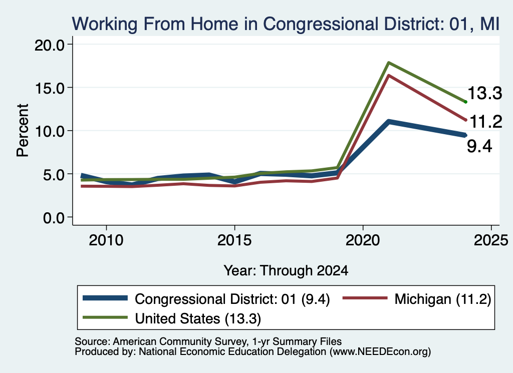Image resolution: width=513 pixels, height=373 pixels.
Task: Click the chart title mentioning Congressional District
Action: (286, 24)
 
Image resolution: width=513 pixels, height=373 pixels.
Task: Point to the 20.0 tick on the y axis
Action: (50, 45)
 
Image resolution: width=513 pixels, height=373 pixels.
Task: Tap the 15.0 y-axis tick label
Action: (50, 88)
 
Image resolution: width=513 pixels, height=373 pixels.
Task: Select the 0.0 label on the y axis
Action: (54, 218)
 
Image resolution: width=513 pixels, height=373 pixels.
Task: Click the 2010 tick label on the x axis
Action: (106, 241)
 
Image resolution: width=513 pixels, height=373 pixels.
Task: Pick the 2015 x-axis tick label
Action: (234, 241)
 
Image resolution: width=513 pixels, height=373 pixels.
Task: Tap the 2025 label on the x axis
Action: (491, 241)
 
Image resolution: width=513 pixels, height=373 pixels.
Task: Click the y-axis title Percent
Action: (23, 131)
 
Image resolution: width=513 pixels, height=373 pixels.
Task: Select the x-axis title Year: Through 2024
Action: (286, 271)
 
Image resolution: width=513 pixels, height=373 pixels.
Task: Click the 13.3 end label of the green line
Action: (484, 93)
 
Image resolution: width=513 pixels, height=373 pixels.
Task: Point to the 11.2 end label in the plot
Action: (485, 122)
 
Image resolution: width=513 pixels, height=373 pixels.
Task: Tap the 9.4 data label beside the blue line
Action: (479, 146)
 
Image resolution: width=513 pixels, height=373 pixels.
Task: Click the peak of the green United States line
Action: (388, 63)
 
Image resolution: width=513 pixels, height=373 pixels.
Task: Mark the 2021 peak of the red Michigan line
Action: (388, 76)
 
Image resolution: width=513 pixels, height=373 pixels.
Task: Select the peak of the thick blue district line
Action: (388, 122)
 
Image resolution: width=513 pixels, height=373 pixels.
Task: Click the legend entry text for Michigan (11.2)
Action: (443, 299)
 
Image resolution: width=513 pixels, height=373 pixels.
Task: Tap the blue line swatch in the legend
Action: (105, 298)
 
